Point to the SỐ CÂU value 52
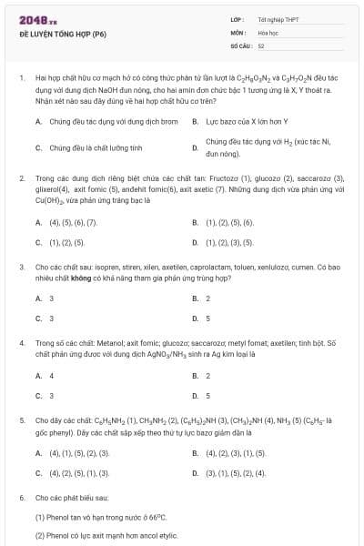(261, 45)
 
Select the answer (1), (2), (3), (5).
(229, 242)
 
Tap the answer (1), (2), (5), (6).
(229, 222)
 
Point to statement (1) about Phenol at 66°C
(100, 517)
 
